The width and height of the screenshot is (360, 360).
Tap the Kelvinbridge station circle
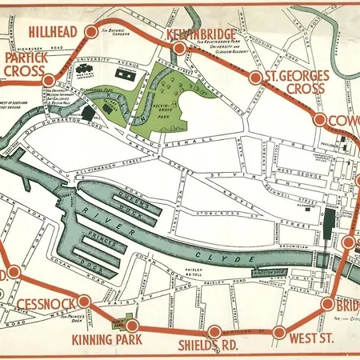tap(180, 49)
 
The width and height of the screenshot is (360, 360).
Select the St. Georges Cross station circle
tap(256, 78)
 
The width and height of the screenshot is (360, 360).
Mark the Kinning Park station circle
tap(133, 325)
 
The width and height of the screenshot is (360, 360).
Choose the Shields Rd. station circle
tap(214, 331)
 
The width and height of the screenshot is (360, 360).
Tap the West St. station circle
tap(279, 331)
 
